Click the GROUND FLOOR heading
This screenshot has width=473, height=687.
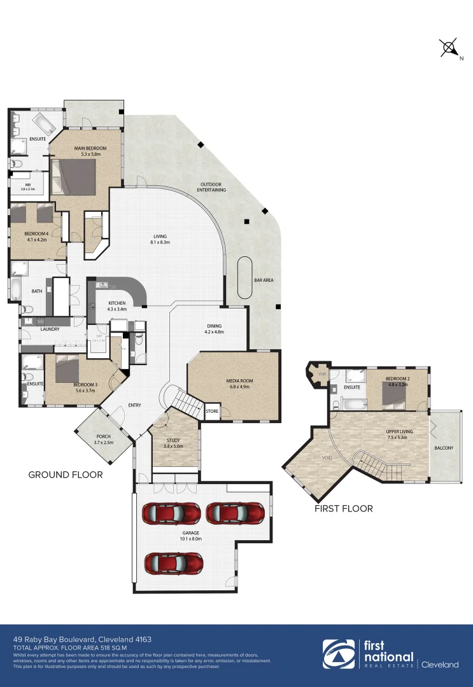pos(66,475)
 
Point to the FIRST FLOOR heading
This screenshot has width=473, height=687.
pos(344,508)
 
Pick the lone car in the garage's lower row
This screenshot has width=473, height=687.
pos(173,562)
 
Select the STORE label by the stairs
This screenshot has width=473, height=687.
pos(212,412)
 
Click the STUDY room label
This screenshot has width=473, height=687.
pos(173,440)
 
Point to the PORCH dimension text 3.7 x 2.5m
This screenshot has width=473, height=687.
pos(103,442)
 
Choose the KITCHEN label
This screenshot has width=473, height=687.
pos(117,303)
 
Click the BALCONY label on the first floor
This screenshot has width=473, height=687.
pos(444,448)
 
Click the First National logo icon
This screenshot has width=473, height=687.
pos(338,655)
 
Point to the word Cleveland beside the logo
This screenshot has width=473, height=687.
pos(440,665)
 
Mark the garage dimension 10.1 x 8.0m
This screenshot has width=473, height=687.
pos(191,539)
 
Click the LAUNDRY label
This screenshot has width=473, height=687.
pos(50,329)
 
